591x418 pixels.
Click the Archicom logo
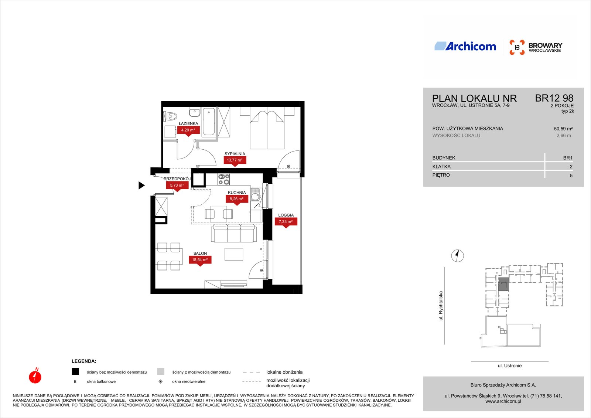465,46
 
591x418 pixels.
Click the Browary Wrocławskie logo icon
517,47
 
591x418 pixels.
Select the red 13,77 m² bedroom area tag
235,161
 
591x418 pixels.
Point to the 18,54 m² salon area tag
200,260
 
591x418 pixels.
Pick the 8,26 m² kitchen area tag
237,200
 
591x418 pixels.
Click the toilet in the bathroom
170,116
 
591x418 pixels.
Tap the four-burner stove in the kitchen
224,179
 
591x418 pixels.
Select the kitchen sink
255,195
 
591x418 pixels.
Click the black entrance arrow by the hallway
142,186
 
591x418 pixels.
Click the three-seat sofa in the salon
234,233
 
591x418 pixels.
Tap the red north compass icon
35,376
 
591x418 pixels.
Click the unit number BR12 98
554,98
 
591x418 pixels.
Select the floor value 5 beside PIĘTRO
571,176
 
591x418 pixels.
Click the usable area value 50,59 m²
563,129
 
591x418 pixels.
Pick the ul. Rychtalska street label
441,306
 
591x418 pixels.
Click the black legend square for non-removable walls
75,371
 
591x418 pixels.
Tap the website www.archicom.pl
503,401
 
